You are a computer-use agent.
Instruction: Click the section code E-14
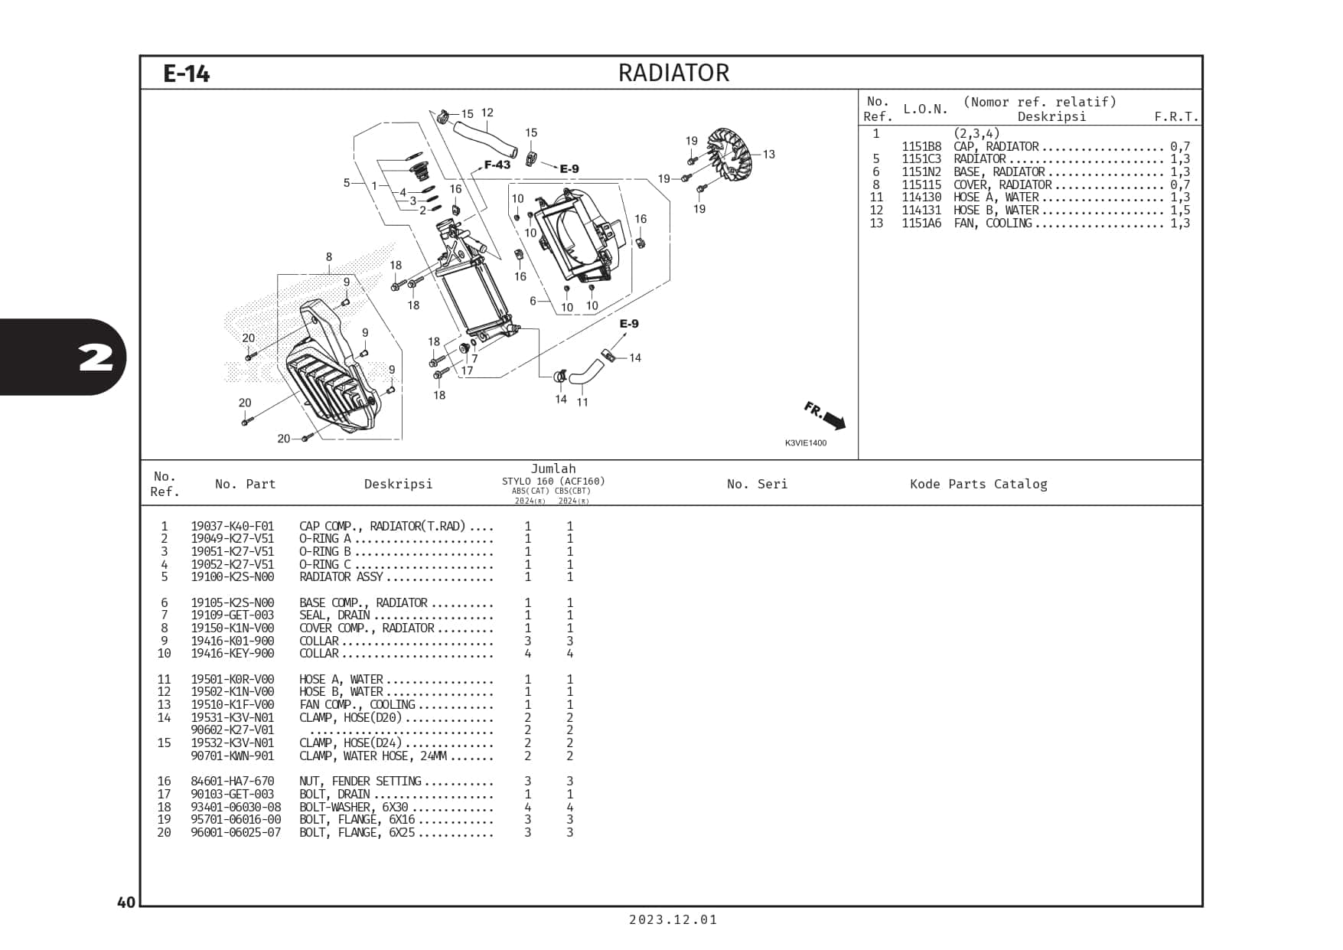pyautogui.click(x=186, y=73)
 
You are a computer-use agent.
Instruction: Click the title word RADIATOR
pyautogui.click(x=673, y=73)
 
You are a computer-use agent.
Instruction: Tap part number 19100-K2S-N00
pyautogui.click(x=233, y=577)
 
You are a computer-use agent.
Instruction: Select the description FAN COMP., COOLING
pyautogui.click(x=357, y=705)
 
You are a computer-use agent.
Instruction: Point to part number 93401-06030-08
pyautogui.click(x=236, y=808)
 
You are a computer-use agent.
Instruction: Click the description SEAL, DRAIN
pyautogui.click(x=334, y=615)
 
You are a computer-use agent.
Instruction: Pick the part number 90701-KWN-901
pyautogui.click(x=233, y=756)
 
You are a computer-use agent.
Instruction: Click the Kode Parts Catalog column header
pyautogui.click(x=978, y=484)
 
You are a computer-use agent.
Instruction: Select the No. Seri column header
pyautogui.click(x=757, y=484)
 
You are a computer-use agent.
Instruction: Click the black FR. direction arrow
pyautogui.click(x=834, y=420)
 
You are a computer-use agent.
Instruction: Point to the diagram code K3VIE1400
pyautogui.click(x=805, y=443)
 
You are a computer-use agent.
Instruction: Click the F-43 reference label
pyautogui.click(x=497, y=165)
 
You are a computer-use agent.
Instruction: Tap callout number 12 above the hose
pyautogui.click(x=487, y=113)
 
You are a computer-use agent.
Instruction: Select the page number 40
pyautogui.click(x=126, y=902)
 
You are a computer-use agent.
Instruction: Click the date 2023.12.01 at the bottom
pyautogui.click(x=673, y=919)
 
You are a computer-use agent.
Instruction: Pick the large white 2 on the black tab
pyautogui.click(x=96, y=357)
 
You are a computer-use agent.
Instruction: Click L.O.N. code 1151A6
pyautogui.click(x=921, y=224)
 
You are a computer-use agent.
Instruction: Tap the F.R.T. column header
pyautogui.click(x=1176, y=116)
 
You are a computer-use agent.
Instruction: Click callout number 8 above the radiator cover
pyautogui.click(x=329, y=257)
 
